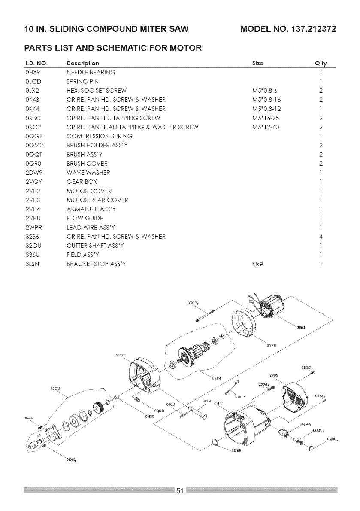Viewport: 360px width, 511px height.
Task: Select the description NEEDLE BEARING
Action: tap(91, 72)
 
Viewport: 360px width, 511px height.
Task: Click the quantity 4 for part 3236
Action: tap(321, 237)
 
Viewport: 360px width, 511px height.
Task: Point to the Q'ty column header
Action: tap(321, 63)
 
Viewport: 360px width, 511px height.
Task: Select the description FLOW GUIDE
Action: tap(85, 218)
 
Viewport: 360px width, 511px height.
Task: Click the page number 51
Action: tap(180, 491)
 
